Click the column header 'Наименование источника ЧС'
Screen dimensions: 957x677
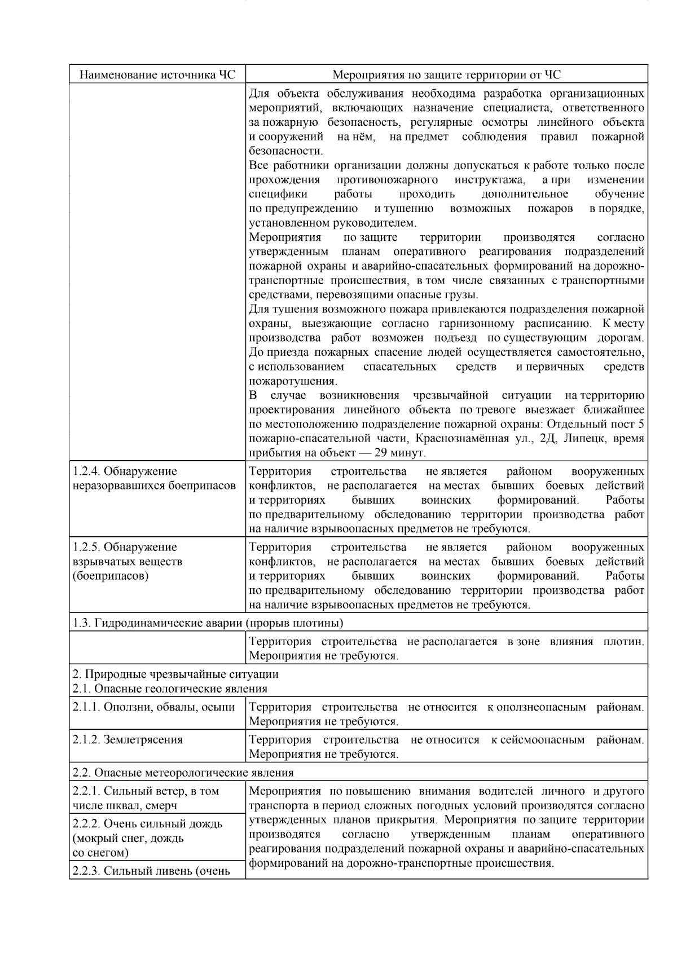pos(157,74)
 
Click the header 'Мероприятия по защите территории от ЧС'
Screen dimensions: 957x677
pos(446,74)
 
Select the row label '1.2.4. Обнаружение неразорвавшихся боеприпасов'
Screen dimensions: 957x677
pos(153,478)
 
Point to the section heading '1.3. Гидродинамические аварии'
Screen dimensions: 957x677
pos(208,623)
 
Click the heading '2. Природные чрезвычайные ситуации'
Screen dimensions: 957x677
pos(175,674)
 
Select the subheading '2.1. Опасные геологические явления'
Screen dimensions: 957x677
pos(170,688)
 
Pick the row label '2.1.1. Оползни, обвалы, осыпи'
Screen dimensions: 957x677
pos(153,707)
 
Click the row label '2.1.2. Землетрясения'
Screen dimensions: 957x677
pos(128,739)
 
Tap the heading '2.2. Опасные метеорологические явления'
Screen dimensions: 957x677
pos(183,772)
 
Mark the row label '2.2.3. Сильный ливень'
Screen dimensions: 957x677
pos(151,871)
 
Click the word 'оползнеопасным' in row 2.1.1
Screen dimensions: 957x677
pos(542,707)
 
